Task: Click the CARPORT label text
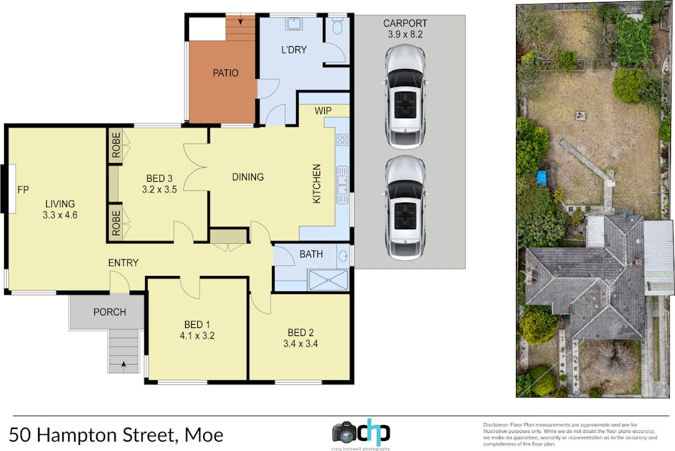point(405,23)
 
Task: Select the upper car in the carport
point(405,97)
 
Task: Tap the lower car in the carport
point(405,207)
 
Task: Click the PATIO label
point(225,73)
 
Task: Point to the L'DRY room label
point(293,49)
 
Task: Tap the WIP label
point(323,110)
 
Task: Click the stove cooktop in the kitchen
point(342,140)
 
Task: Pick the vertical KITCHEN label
point(317,184)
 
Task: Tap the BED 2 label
point(301,333)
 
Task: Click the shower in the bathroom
point(328,281)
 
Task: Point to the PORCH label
point(110,312)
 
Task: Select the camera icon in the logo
point(345,432)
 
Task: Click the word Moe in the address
point(204,436)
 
